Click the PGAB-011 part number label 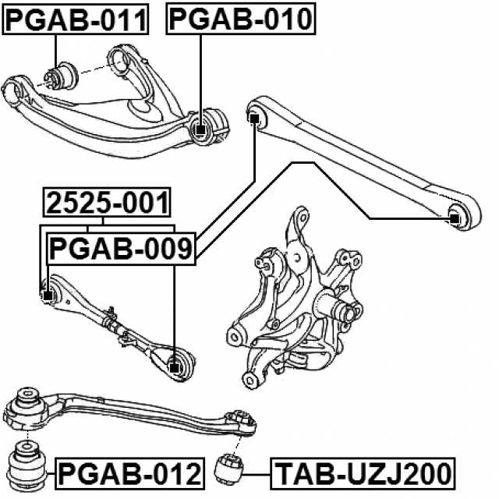pyautogui.click(x=76, y=19)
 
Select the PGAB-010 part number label pyautogui.click(x=241, y=19)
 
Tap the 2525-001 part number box pyautogui.click(x=107, y=203)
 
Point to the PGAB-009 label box pyautogui.click(x=122, y=249)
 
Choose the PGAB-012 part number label pyautogui.click(x=130, y=473)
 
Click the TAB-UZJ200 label pyautogui.click(x=363, y=473)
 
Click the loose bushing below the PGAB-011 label pyautogui.click(x=61, y=76)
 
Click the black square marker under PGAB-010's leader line pyautogui.click(x=200, y=130)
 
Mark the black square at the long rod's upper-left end pyautogui.click(x=254, y=119)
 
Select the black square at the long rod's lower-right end pyautogui.click(x=455, y=218)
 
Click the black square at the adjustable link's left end pyautogui.click(x=48, y=296)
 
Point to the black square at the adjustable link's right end pyautogui.click(x=174, y=368)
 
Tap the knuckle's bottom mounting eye pyautogui.click(x=250, y=380)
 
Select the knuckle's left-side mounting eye pyautogui.click(x=235, y=336)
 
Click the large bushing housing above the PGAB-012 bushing pyautogui.click(x=26, y=411)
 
